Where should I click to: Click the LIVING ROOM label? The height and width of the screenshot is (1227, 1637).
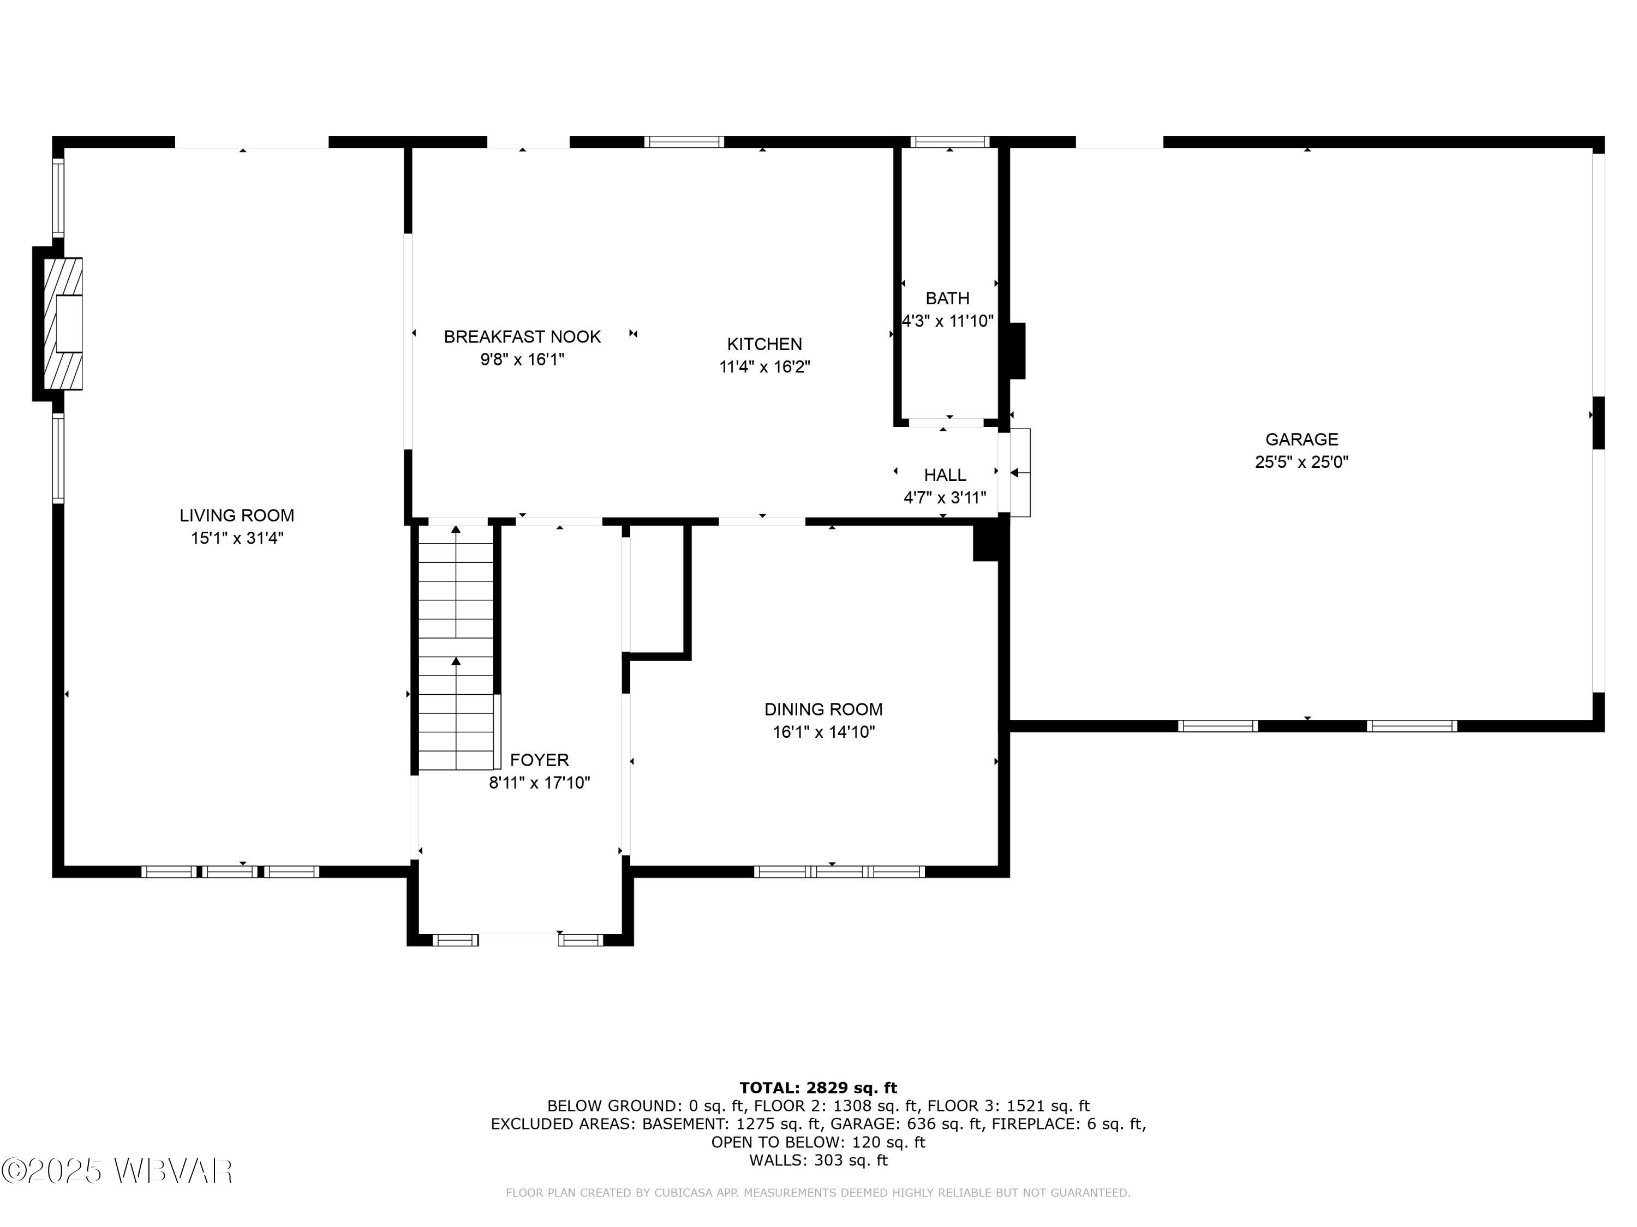tap(237, 515)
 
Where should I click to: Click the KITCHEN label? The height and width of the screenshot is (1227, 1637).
tap(764, 344)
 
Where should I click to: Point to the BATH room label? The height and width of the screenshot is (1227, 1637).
tap(947, 298)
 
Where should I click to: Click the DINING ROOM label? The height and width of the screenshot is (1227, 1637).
tap(823, 709)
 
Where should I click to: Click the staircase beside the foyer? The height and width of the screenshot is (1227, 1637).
tap(456, 647)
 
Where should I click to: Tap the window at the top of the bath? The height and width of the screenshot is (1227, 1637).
tap(949, 142)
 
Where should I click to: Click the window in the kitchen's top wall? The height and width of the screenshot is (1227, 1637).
tap(683, 142)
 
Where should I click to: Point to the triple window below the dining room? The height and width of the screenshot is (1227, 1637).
tap(839, 871)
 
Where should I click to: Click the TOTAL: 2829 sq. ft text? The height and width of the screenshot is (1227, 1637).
tap(818, 1088)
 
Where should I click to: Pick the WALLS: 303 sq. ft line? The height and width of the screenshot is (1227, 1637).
tap(818, 1160)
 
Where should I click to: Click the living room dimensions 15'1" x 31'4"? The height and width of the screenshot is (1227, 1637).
tap(237, 538)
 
